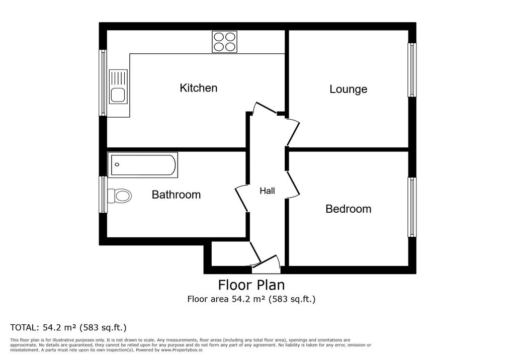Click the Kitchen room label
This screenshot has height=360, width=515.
coord(198,88)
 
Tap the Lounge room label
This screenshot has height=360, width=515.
coord(348,89)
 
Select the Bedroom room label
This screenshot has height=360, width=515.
coord(348,209)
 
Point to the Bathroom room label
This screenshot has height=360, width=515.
coord(176,195)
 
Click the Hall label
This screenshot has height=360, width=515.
coord(267,191)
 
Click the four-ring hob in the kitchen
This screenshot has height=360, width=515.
coord(225,42)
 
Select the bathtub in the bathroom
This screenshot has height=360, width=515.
coord(143,164)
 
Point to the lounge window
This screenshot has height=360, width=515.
coord(412,70)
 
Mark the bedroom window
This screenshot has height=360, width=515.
coord(412,207)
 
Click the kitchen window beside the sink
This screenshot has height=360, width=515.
coord(103,83)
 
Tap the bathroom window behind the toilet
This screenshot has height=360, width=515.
coord(103,195)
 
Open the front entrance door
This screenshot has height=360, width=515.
coord(266,265)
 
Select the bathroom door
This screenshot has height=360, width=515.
coord(242,198)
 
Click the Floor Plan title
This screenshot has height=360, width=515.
coord(251,285)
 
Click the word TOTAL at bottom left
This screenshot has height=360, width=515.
coord(24,327)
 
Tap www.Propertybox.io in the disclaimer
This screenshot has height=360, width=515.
coord(182,350)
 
